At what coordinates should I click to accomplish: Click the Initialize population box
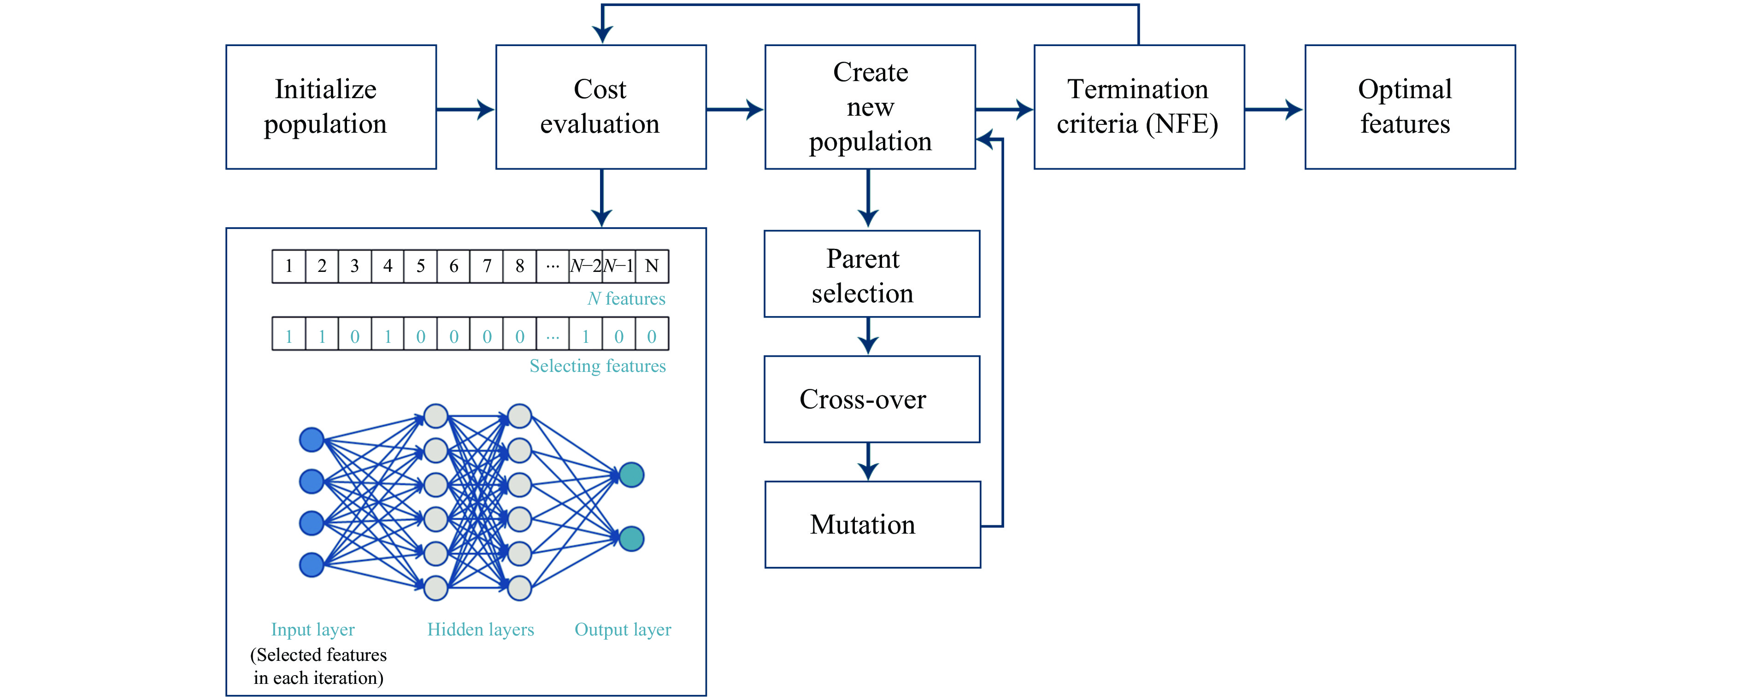[x=331, y=107]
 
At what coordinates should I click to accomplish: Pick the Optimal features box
[x=1410, y=107]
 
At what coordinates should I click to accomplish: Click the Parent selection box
[x=871, y=274]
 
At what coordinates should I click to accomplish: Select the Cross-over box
[x=871, y=399]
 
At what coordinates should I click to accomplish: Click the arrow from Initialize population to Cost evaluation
[x=466, y=109]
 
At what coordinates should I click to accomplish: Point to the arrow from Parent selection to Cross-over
[x=868, y=336]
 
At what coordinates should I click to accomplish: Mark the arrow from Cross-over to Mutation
[x=868, y=462]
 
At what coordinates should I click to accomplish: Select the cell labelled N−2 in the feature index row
[x=586, y=266]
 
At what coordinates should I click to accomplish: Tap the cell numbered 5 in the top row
[x=421, y=266]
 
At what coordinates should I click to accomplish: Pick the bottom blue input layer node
[x=312, y=565]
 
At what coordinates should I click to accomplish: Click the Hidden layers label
[x=481, y=629]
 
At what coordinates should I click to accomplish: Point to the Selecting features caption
[x=598, y=366]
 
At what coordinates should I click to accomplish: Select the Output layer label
[x=623, y=629]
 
